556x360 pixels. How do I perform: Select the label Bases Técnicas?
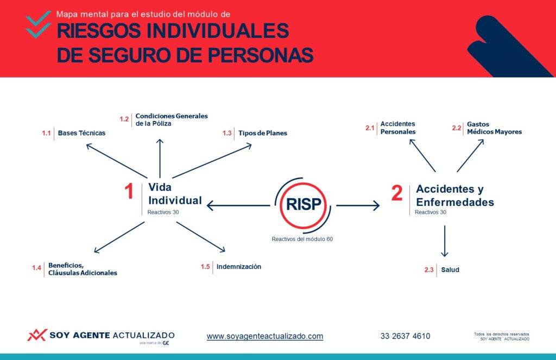coord(81,133)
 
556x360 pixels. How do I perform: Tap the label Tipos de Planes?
coord(263,133)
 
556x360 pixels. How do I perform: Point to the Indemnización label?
coord(239,267)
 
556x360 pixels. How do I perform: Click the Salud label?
coord(450,269)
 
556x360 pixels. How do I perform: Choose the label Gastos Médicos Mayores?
coord(494,128)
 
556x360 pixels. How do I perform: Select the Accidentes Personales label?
coord(398,128)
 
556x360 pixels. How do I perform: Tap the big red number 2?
coord(397,193)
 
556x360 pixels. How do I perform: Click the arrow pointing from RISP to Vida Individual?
coord(238,205)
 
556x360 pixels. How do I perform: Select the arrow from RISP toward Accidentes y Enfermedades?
coord(358,205)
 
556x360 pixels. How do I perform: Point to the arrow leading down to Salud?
coord(445,241)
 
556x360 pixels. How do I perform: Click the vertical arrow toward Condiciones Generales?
coord(160,158)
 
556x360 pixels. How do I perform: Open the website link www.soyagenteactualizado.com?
coord(265,336)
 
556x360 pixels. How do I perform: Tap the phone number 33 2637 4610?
coord(405,336)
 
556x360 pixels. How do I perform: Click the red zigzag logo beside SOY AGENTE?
coord(37,335)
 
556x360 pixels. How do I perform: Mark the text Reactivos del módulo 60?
coord(302,239)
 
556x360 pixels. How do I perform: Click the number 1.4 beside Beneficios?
coord(36,268)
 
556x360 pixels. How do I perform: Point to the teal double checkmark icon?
coord(39,24)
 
